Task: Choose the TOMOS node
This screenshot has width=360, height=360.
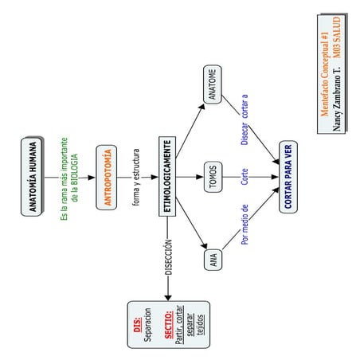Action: [x=212, y=177]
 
